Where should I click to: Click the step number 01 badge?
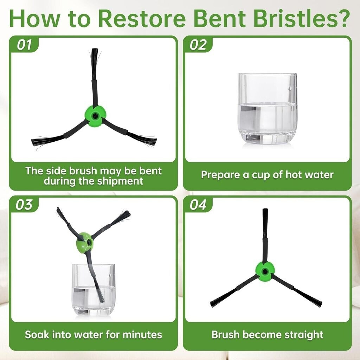[24, 44]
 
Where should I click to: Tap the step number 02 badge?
[198, 44]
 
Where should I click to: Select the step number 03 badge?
[24, 204]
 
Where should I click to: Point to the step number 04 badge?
[198, 204]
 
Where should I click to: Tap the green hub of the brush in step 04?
[265, 272]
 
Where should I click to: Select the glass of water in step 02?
[268, 109]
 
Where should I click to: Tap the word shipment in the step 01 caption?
[120, 181]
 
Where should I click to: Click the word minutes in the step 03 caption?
[142, 335]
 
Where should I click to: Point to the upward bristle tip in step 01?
[95, 49]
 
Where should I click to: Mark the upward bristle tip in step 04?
[265, 209]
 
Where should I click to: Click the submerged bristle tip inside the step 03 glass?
[102, 301]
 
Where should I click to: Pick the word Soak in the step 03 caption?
[37, 335]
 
